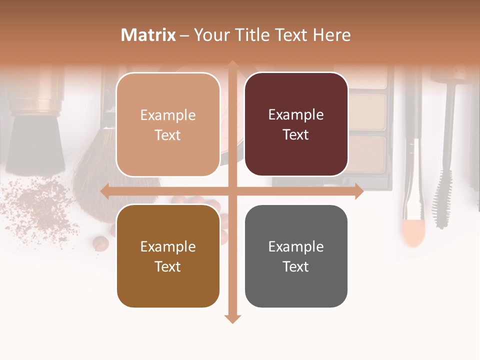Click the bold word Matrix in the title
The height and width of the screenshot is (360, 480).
click(x=148, y=35)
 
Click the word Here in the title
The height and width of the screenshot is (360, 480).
click(x=332, y=35)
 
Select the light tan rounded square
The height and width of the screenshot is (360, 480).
click(x=168, y=90)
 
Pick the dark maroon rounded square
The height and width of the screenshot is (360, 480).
click(x=296, y=90)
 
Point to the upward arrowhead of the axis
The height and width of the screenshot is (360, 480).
click(x=232, y=65)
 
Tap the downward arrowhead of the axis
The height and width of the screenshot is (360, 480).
click(x=232, y=318)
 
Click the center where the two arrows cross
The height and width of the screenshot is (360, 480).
click(x=232, y=191)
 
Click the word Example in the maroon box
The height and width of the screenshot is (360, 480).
click(x=296, y=115)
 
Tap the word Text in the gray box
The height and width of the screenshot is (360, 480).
click(x=296, y=266)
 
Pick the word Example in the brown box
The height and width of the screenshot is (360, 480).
click(x=168, y=246)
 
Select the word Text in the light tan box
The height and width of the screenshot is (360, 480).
click(x=168, y=135)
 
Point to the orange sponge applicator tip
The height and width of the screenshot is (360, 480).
click(x=413, y=232)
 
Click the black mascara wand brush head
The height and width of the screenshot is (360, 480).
click(x=442, y=200)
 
